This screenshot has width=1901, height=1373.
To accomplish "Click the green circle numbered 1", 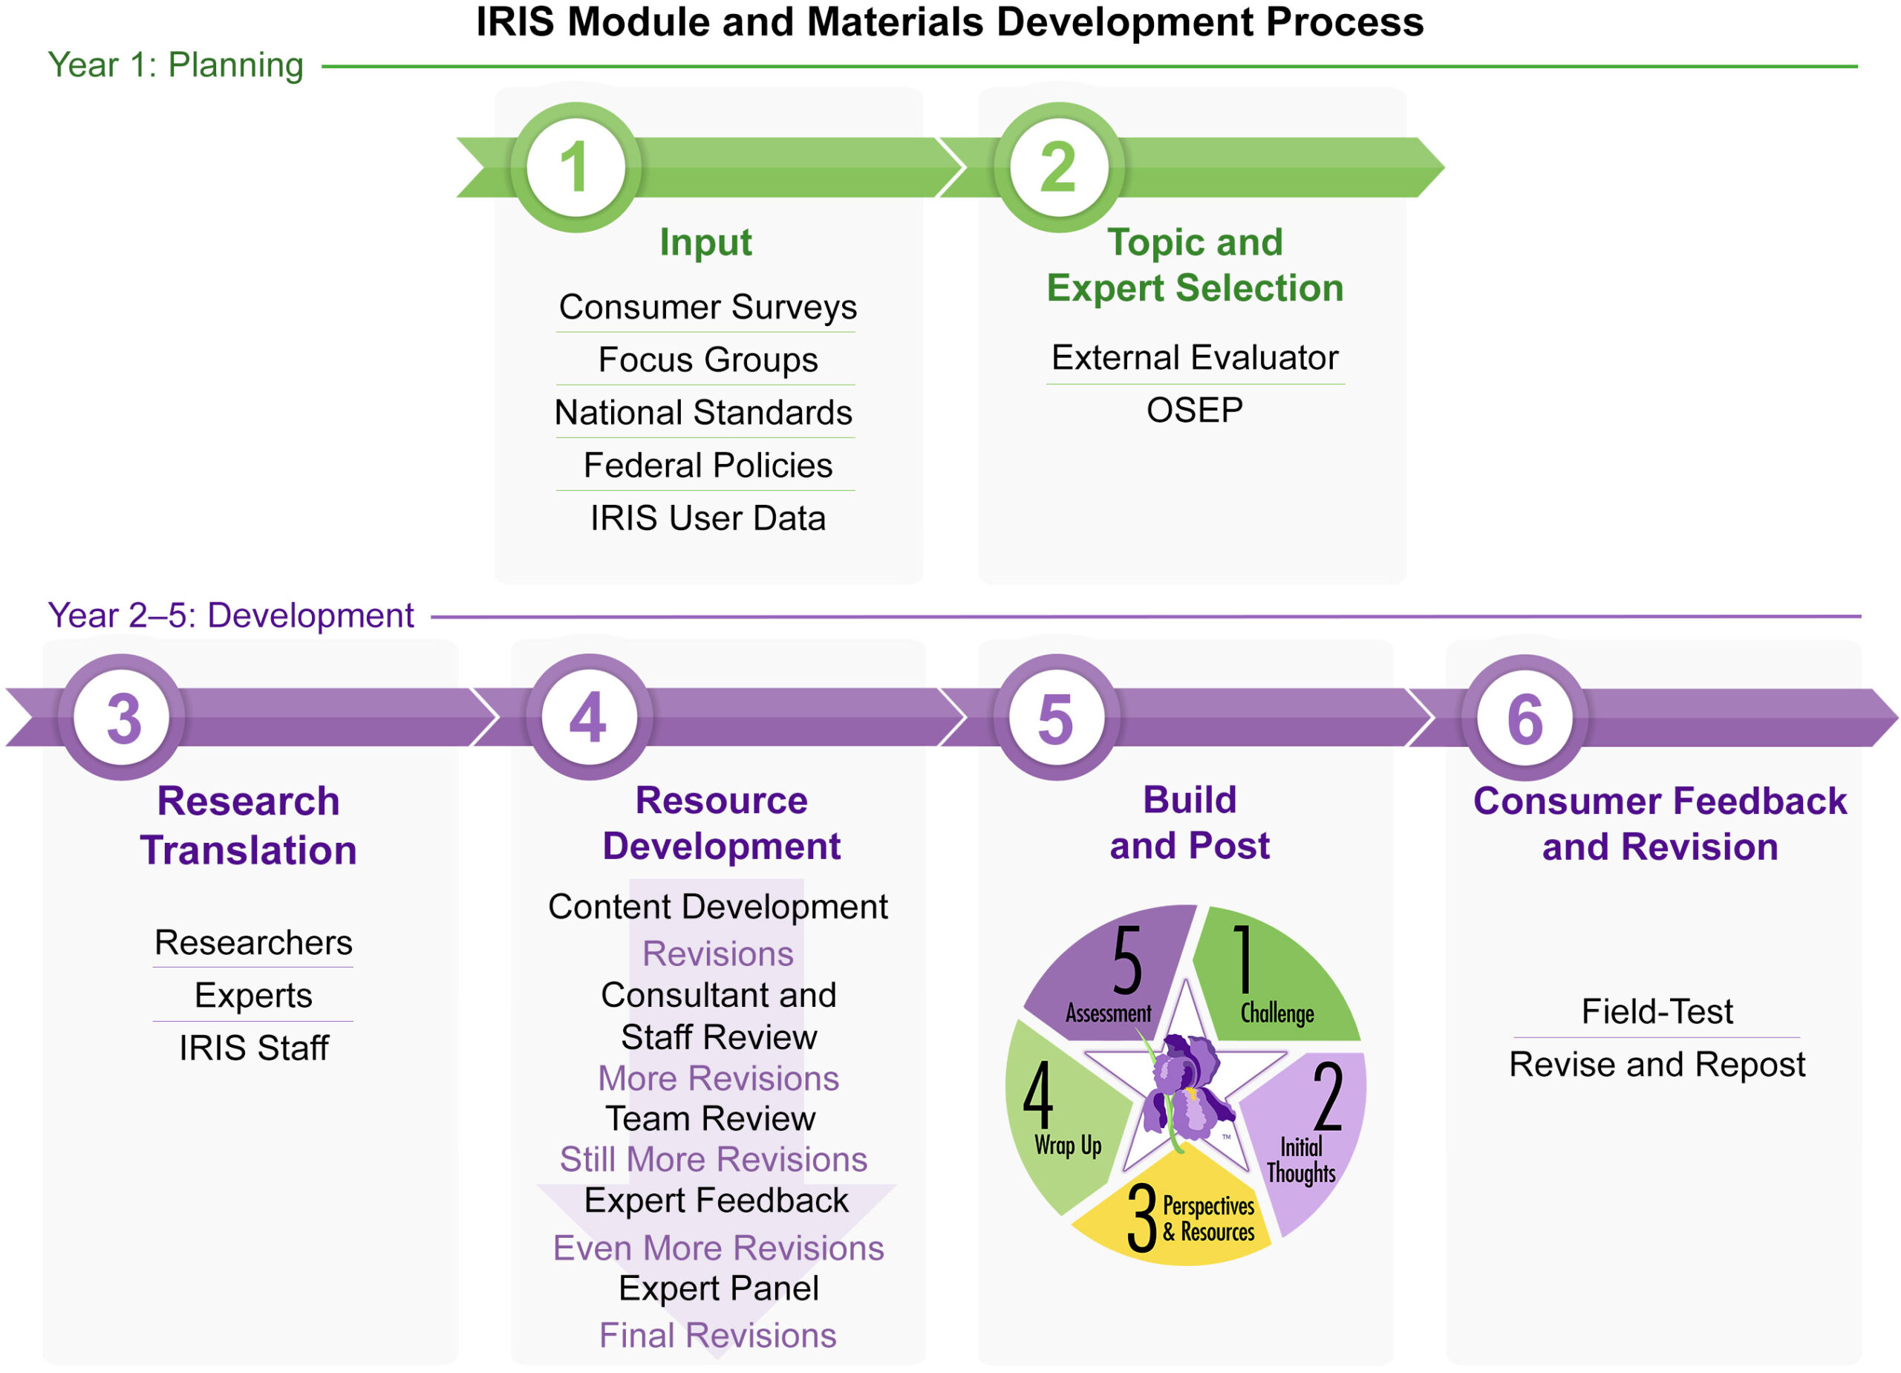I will click(575, 167).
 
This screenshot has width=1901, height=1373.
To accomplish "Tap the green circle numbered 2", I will click(1059, 167).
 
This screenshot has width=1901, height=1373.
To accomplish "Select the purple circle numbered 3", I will click(123, 717).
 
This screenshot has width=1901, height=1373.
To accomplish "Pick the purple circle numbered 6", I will click(1525, 717).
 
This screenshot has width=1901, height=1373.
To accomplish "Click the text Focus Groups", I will click(708, 359).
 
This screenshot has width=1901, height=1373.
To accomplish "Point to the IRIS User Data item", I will click(708, 518).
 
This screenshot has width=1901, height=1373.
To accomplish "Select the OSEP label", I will click(1194, 410).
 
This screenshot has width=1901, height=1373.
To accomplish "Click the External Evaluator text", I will click(1194, 358).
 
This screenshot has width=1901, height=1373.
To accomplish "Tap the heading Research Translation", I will click(249, 825).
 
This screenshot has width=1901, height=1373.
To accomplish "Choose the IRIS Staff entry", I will click(253, 1048).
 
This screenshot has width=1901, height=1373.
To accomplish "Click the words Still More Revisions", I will click(714, 1159).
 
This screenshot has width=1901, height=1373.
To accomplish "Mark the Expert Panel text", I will click(718, 1288).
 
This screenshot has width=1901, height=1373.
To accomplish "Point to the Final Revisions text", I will click(717, 1335).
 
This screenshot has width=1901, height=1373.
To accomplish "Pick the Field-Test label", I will click(1656, 1011).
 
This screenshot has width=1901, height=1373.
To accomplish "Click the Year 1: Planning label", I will click(175, 65).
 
